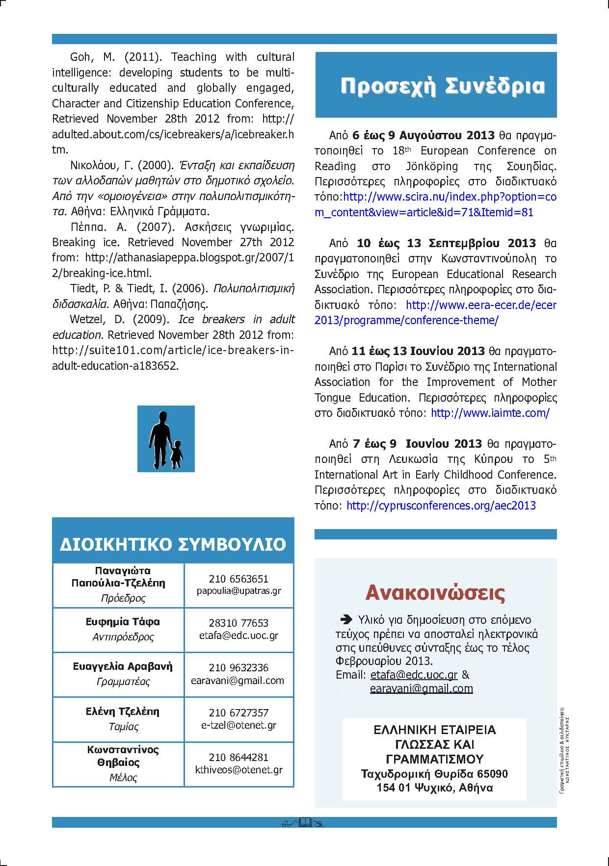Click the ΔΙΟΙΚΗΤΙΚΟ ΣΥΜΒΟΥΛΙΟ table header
tap(173, 544)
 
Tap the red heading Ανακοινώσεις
tap(435, 592)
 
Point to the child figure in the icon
tap(177, 453)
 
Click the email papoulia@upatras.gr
tap(238, 591)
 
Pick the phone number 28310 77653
tap(238, 623)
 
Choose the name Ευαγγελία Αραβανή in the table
tap(123, 666)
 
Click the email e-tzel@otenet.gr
tap(238, 725)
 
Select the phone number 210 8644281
tap(238, 757)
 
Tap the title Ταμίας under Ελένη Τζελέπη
tap(123, 726)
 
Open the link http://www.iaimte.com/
tap(490, 413)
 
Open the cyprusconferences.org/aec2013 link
tap(441, 506)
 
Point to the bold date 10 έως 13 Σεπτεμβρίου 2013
tap(446, 243)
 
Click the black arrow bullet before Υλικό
tap(346, 619)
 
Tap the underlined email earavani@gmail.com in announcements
tap(421, 688)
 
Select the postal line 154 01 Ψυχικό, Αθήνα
tap(434, 788)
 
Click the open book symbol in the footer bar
tap(305, 822)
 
